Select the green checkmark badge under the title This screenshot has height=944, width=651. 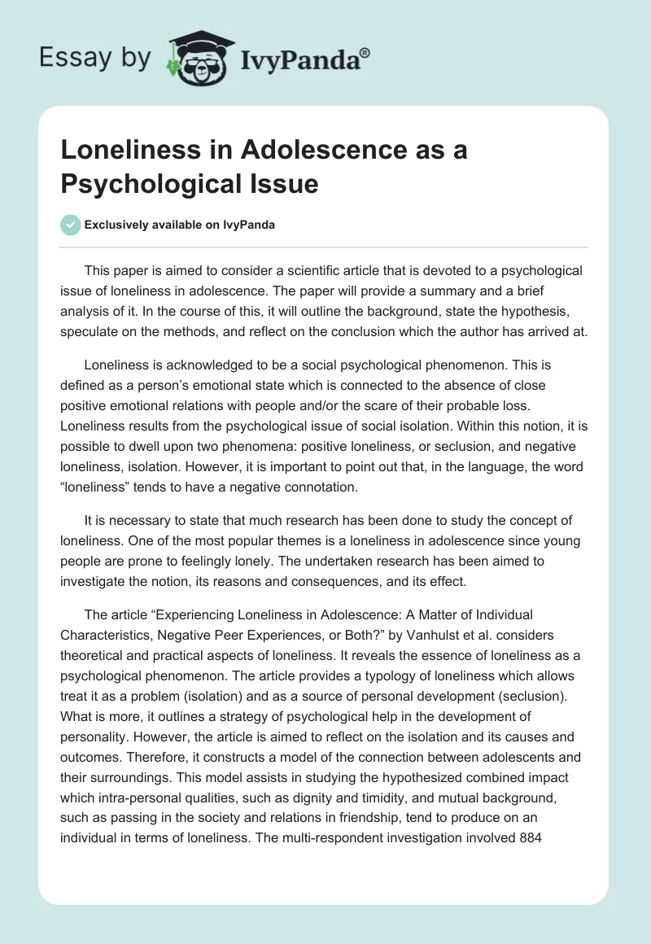(x=70, y=225)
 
